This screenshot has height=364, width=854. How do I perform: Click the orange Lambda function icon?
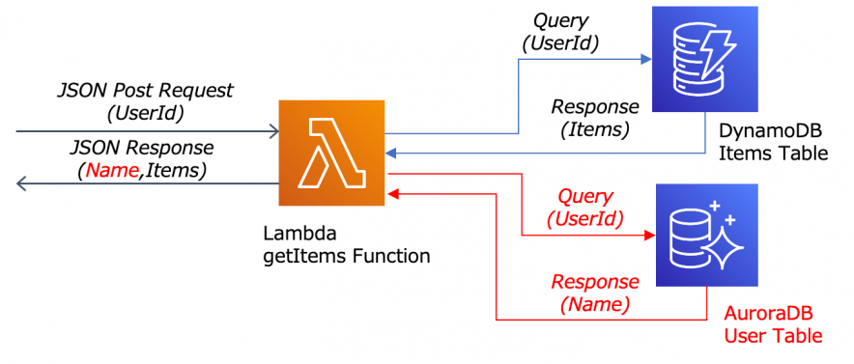pos(331,153)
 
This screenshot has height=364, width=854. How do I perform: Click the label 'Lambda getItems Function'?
pos(346,245)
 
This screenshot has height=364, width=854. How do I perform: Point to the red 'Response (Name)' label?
pos(594,293)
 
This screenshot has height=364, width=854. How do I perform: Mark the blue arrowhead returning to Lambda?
pos(392,153)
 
